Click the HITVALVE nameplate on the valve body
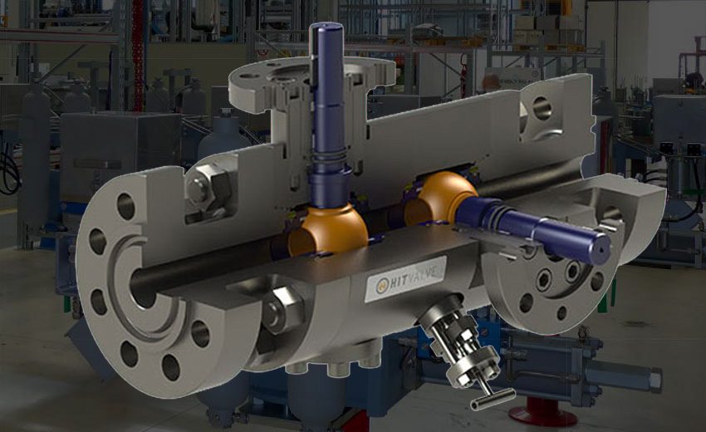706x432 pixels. click(405, 279)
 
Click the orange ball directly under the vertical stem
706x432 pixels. click(327, 231)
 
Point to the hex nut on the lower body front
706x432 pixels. click(282, 308)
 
